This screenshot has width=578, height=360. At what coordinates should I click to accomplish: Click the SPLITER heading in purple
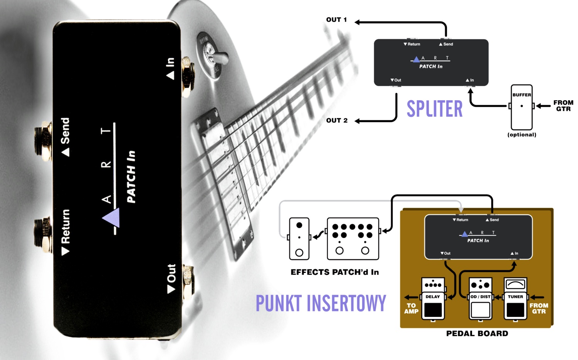434,109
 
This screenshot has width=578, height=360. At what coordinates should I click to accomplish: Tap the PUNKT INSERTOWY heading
321,303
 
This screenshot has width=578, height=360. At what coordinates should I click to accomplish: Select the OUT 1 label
336,20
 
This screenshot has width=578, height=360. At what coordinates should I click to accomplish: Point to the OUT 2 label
337,121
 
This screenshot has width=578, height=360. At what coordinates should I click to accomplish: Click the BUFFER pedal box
521,107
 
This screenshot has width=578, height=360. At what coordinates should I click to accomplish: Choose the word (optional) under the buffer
522,135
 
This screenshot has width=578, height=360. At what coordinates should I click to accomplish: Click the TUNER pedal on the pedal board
515,299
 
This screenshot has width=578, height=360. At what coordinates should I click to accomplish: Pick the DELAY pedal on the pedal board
433,299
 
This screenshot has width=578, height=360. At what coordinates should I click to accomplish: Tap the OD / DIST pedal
480,299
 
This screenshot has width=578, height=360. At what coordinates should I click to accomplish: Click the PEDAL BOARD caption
477,334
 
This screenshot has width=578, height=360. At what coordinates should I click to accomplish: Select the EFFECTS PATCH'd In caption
334,272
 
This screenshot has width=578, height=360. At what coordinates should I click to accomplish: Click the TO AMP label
411,308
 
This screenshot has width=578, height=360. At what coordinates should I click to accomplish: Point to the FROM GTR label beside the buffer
563,106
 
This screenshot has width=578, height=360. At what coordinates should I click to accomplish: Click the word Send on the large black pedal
65,131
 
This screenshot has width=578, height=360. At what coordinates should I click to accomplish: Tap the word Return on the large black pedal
66,227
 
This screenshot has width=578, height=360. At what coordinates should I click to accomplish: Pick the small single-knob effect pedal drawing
299,239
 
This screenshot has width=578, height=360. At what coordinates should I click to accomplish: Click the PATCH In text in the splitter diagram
431,66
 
